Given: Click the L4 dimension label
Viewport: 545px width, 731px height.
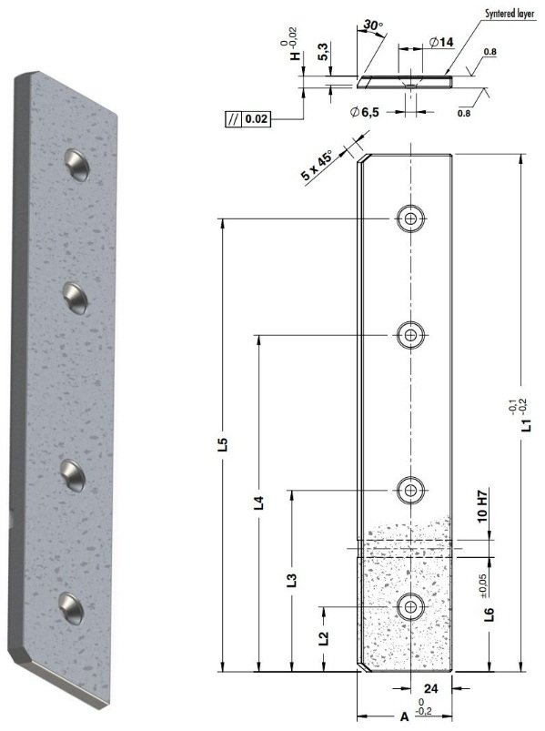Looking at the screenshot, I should coord(258,503).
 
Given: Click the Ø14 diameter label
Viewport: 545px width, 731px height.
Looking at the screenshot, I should coord(441,43).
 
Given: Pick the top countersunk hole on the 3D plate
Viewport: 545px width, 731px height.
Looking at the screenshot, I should coord(76,164).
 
